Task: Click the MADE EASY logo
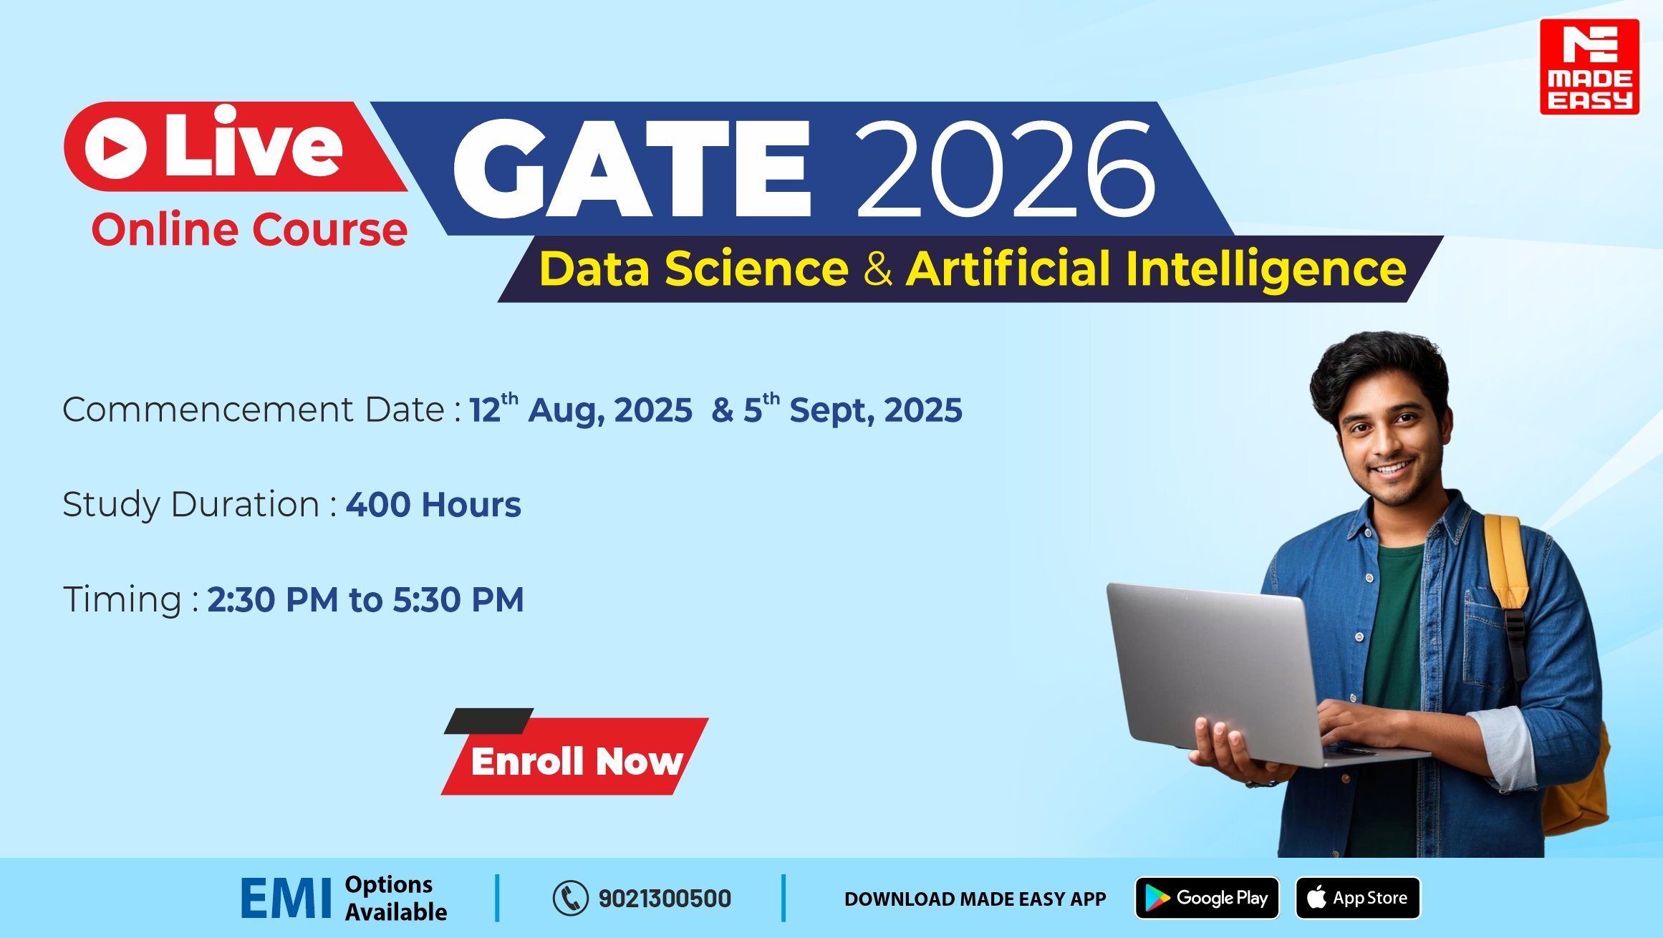[1589, 67]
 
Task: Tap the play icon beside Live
[115, 148]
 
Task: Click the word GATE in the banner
[632, 168]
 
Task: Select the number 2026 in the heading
[1006, 168]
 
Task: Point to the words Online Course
[249, 230]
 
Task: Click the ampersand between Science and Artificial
[878, 269]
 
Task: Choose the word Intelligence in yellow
[1266, 270]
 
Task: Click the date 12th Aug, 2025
[581, 409]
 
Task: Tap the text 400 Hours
[434, 505]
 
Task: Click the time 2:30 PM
[273, 600]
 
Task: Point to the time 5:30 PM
[458, 600]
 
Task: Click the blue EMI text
[286, 899]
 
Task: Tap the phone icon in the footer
[570, 898]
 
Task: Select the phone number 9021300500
[665, 899]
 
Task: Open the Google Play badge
[1208, 898]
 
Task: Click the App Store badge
[1358, 898]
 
